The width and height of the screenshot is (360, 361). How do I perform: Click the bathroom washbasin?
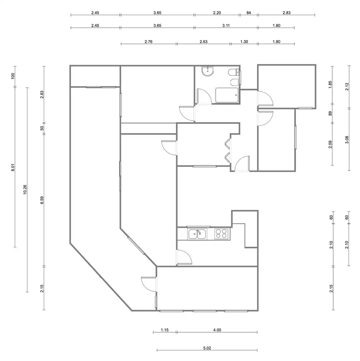click(x=208, y=71)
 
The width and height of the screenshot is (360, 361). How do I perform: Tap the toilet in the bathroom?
click(x=235, y=73)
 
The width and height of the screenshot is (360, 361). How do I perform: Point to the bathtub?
click(x=227, y=95)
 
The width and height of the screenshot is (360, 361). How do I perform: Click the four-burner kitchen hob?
click(x=221, y=234)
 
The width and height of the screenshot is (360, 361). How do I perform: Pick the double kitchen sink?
click(x=197, y=234)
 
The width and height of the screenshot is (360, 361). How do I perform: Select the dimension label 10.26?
click(x=25, y=190)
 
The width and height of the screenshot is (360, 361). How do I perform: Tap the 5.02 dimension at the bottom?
click(x=207, y=348)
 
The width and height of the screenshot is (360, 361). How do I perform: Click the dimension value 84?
click(x=249, y=13)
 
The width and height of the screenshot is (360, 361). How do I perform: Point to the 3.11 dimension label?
click(x=226, y=25)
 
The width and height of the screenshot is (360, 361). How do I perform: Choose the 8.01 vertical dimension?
click(x=13, y=167)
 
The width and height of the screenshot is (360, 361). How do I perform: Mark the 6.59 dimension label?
click(x=42, y=200)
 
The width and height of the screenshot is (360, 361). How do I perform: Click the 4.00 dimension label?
click(x=217, y=330)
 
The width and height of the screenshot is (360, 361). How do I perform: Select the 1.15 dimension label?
click(x=165, y=330)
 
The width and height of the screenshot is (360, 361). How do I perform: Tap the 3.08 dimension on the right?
click(x=347, y=140)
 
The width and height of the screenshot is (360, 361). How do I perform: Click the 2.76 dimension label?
click(x=149, y=42)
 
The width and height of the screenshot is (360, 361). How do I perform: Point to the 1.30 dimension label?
click(x=244, y=42)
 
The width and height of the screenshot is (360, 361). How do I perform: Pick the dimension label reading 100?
click(x=13, y=76)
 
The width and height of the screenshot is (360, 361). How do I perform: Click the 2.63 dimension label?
click(x=203, y=42)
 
